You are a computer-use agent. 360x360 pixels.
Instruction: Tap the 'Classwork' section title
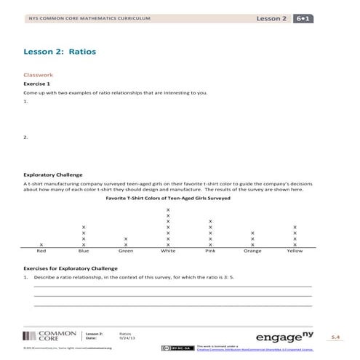pos(39,74)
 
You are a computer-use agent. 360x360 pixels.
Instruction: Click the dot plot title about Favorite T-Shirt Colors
pos(168,198)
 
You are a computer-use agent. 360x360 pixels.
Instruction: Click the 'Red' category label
pos(41,251)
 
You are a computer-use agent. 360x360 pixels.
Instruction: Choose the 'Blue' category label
pos(84,251)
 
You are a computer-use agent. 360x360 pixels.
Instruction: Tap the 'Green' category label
pos(126,251)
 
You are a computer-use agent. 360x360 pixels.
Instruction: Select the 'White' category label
pos(168,251)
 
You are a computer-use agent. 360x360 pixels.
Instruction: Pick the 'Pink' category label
pos(210,251)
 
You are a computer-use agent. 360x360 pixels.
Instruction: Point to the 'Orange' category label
pos(252,251)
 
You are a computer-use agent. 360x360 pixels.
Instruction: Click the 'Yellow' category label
pos(295,251)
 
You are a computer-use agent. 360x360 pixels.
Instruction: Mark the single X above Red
pos(41,244)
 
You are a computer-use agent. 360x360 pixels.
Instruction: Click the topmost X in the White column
pos(168,209)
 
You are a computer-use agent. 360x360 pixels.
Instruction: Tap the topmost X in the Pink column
pos(210,221)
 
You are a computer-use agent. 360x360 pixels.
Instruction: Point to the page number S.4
pos(335,337)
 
